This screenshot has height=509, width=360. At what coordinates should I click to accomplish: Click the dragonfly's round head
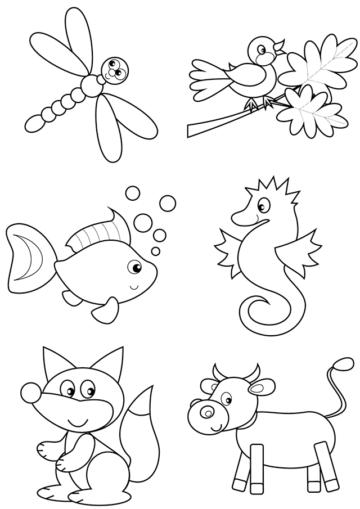[x=116, y=70]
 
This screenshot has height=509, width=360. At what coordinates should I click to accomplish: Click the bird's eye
[x=262, y=49]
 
